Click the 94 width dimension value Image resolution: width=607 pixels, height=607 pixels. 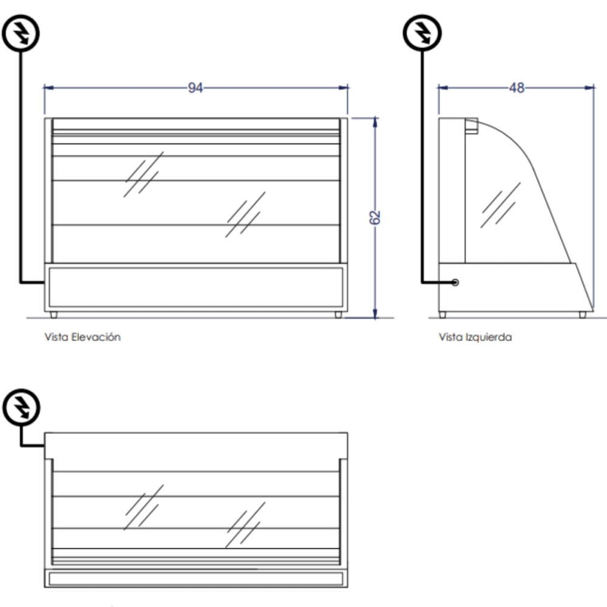(195, 88)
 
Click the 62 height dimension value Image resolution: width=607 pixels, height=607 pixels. (375, 217)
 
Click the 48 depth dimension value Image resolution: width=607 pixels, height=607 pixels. (517, 88)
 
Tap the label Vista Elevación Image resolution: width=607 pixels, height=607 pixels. (83, 337)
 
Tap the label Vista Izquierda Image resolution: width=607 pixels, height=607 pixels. (475, 337)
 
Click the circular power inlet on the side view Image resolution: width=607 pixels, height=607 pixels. (455, 282)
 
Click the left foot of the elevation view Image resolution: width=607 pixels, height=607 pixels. (53, 315)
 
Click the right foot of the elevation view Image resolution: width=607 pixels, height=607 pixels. (338, 315)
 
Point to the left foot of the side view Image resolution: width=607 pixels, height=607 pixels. (443, 315)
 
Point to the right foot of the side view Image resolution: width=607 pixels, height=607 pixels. (583, 315)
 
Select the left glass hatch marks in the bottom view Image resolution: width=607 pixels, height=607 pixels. (144, 507)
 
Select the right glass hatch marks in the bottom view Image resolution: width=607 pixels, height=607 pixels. (245, 524)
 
